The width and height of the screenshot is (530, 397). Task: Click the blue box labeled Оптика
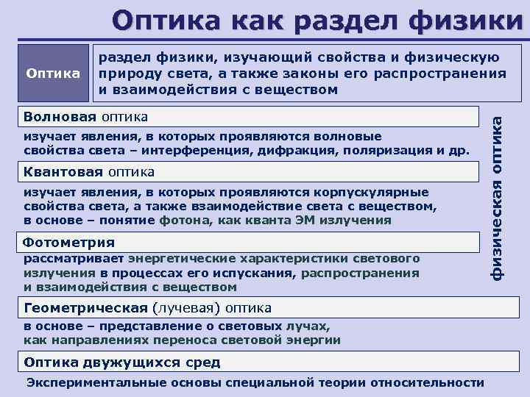53,74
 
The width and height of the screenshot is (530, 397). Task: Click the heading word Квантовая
64,172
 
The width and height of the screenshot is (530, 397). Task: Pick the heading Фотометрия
69,243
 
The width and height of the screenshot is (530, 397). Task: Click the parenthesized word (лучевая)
187,307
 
